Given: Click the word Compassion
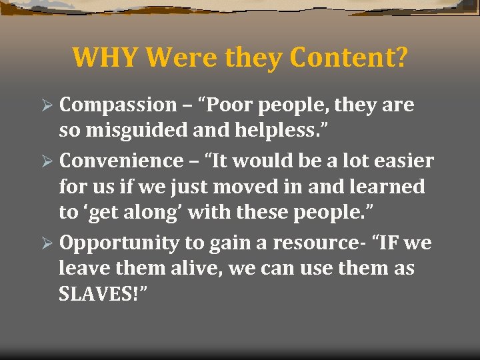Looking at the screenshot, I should (117, 105).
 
